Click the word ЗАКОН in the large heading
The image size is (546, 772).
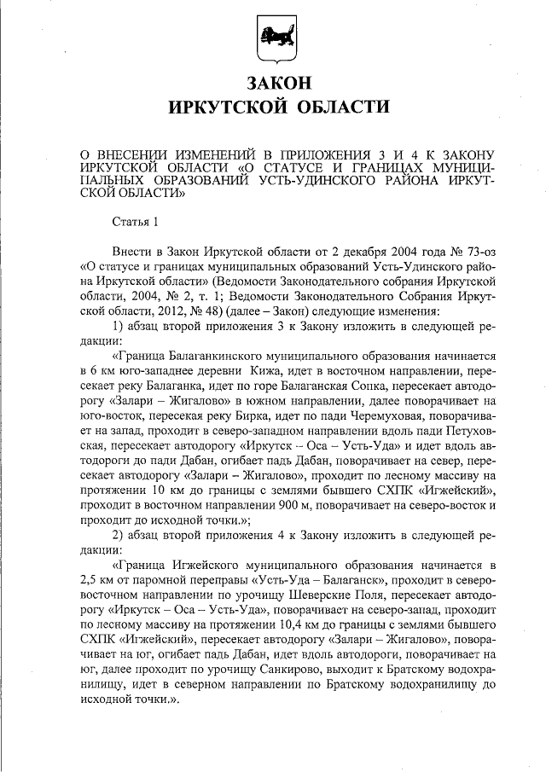pyautogui.click(x=274, y=84)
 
